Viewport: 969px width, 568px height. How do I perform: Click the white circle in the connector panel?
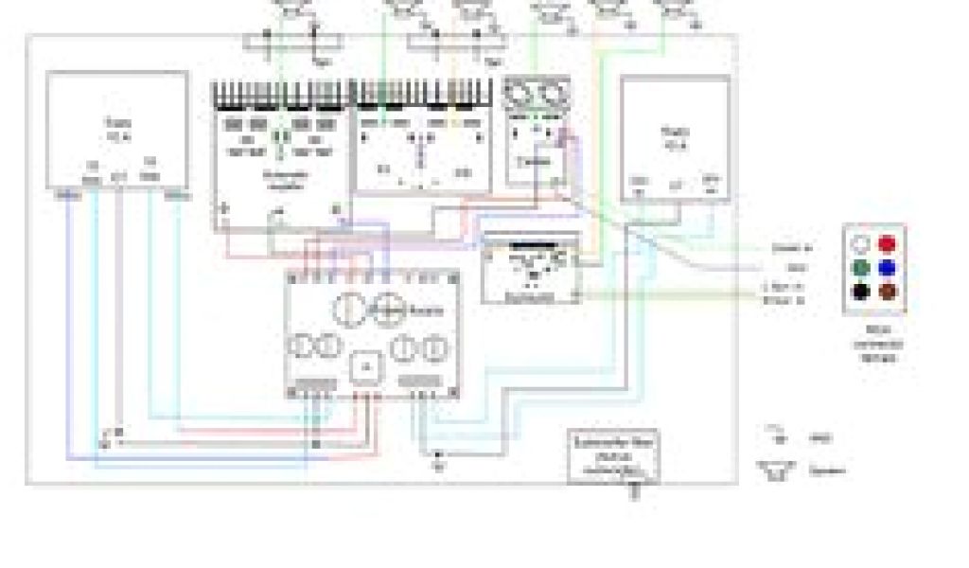point(860,243)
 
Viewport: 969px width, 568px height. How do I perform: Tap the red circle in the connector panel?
point(887,243)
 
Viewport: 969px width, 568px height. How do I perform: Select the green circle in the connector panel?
point(860,268)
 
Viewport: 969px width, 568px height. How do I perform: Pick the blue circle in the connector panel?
point(887,268)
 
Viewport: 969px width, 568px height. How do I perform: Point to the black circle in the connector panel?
point(860,293)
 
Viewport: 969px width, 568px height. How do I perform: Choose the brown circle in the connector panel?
point(887,293)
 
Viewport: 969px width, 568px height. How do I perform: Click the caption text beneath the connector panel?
point(873,343)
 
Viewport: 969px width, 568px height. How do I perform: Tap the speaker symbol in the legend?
point(775,470)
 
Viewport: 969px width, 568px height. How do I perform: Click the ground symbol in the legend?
point(778,436)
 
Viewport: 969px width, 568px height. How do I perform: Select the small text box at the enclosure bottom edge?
point(613,454)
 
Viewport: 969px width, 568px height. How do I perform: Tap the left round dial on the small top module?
point(520,96)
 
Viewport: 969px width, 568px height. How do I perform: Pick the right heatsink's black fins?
point(422,94)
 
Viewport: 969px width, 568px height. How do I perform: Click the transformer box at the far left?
point(117,130)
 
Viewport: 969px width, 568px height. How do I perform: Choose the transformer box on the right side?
point(674,138)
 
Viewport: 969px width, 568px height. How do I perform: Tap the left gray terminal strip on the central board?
point(314,384)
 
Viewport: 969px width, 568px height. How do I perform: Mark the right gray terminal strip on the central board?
point(416,382)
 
